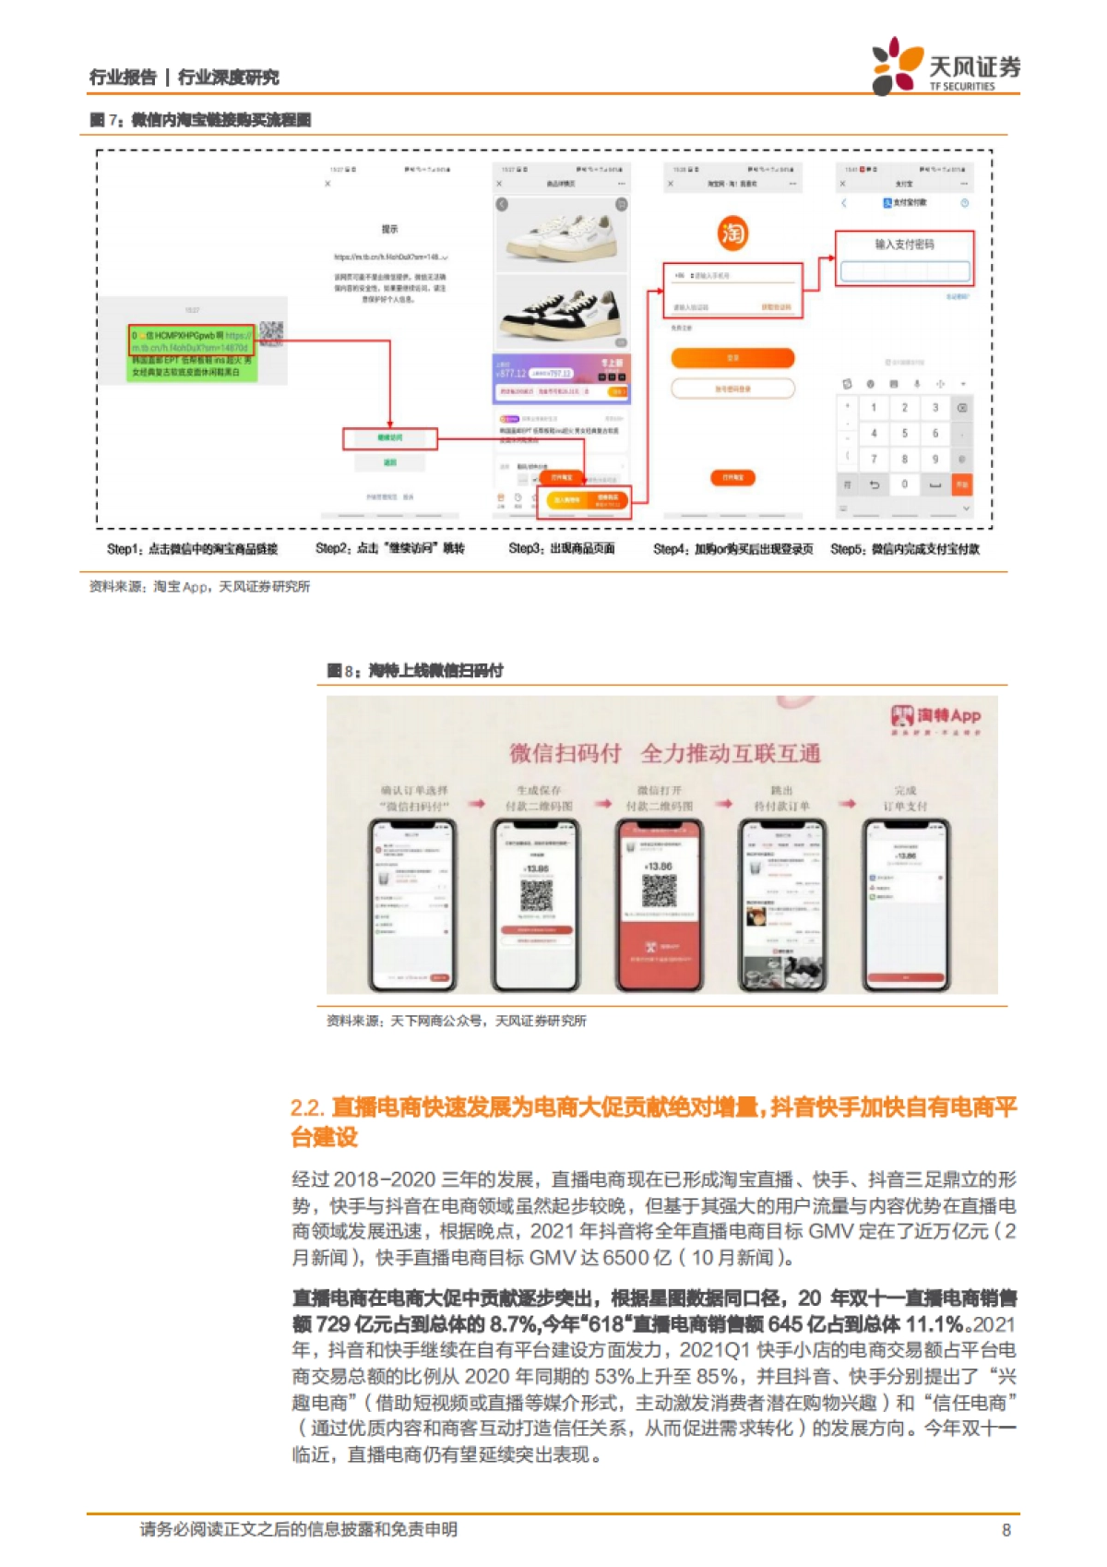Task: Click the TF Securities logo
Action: click(x=946, y=66)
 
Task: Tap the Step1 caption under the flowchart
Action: click(x=192, y=549)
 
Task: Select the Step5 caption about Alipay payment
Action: click(x=904, y=549)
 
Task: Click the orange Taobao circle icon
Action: click(x=732, y=233)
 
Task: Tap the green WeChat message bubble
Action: click(x=191, y=352)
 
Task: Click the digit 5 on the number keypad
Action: click(x=904, y=433)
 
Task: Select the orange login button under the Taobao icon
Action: click(x=732, y=358)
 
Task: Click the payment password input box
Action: click(x=904, y=271)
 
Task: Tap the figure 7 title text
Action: click(x=200, y=120)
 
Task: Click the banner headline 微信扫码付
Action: click(x=565, y=754)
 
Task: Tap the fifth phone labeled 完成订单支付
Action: click(x=905, y=904)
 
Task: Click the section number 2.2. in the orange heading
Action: click(x=307, y=1108)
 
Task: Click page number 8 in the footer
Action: click(x=1006, y=1530)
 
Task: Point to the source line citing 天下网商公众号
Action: click(x=457, y=1021)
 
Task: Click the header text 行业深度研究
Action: click(x=228, y=78)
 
